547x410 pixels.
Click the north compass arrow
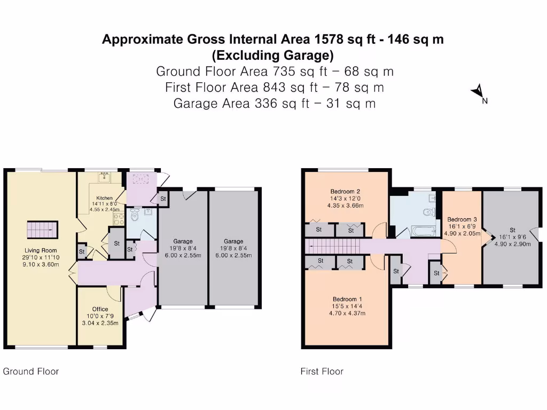point(478,92)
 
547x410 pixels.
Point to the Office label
point(100,309)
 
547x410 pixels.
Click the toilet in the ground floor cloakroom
point(135,214)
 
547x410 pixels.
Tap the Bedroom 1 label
point(347,299)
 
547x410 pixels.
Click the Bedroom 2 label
point(345,192)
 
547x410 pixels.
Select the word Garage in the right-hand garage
point(233,241)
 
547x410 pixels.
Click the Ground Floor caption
point(31,371)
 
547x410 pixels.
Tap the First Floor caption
point(322,371)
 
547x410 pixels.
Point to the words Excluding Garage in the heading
point(273,55)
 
